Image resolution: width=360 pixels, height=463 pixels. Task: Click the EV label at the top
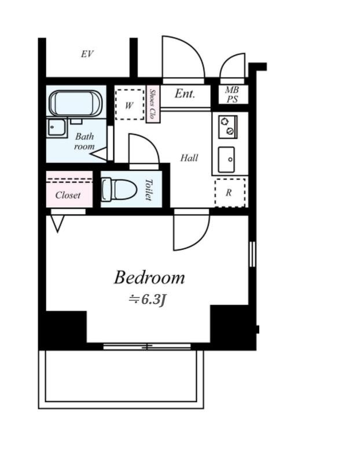coord(87,54)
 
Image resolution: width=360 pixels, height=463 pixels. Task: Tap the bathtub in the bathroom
coord(76,104)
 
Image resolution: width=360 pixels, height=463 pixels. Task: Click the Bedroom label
coord(149,278)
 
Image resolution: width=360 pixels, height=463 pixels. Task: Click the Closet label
coord(68,195)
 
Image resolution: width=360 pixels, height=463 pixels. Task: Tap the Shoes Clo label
coord(153,104)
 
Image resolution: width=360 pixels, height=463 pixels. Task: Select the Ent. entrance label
coord(185,94)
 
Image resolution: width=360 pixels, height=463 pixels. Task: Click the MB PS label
coord(232,94)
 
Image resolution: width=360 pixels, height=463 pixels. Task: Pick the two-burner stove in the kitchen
coord(228,127)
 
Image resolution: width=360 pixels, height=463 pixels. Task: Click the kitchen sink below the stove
coord(226,160)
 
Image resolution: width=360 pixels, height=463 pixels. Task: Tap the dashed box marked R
coord(230,193)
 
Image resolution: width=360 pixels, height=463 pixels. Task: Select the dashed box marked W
coord(130,105)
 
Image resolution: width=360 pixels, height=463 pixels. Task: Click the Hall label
coord(189,158)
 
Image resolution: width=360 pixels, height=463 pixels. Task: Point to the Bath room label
coord(85,141)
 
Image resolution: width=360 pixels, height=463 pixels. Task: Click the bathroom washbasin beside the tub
coord(56,127)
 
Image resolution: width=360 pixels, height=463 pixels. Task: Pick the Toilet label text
coord(149,190)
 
